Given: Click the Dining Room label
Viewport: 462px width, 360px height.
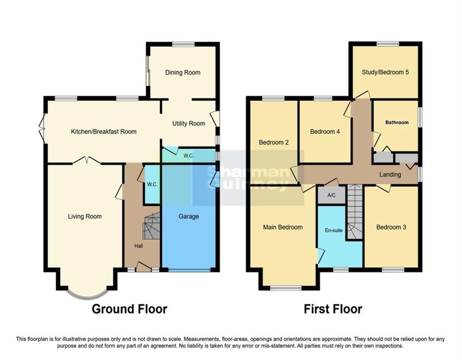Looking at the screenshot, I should coord(182,72).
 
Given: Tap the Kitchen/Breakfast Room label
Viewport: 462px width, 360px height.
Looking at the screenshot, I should coord(104,131).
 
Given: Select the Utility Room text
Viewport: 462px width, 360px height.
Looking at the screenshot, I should coord(188,124).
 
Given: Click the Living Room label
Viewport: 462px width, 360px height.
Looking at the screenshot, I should coord(85,216).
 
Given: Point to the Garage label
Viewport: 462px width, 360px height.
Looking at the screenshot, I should coord(188,217).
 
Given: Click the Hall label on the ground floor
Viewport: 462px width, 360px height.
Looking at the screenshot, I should coord(139,246).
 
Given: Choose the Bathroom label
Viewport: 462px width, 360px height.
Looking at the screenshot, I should coord(396,122).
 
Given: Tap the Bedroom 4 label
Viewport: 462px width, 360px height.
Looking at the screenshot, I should coord(325,132).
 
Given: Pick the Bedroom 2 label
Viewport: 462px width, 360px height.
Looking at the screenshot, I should coord(273,142).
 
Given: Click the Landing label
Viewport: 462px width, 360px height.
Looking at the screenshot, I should coord(390,174).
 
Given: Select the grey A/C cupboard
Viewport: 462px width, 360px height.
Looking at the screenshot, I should coord(331,195).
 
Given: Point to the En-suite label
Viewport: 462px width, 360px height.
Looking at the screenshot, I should coord(334,230).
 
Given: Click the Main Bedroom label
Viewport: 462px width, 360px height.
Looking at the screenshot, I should coord(283,227).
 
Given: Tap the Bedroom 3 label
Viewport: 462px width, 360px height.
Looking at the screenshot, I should coord(391,227).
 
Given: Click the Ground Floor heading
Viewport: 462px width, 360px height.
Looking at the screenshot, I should coord(129,309).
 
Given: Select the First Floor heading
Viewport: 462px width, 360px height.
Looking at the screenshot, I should coord(333,309).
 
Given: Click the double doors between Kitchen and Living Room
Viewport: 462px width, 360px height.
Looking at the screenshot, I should coord(86,160).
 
